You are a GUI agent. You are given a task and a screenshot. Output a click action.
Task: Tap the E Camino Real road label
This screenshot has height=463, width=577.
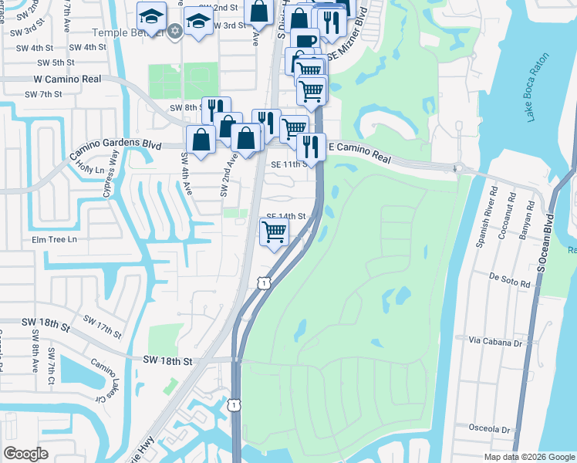click(360, 150)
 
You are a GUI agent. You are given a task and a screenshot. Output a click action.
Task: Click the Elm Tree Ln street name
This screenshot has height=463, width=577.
click(55, 239)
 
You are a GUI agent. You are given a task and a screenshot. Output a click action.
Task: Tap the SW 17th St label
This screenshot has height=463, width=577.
click(102, 327)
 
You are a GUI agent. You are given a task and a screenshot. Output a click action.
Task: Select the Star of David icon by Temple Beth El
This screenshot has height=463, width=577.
click(174, 30)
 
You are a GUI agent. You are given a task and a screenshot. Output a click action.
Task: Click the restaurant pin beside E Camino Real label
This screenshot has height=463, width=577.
click(310, 144)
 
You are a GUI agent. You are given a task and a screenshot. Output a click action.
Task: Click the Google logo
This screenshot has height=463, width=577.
click(25, 454)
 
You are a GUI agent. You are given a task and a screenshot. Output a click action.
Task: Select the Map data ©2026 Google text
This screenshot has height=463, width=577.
click(529, 457)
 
